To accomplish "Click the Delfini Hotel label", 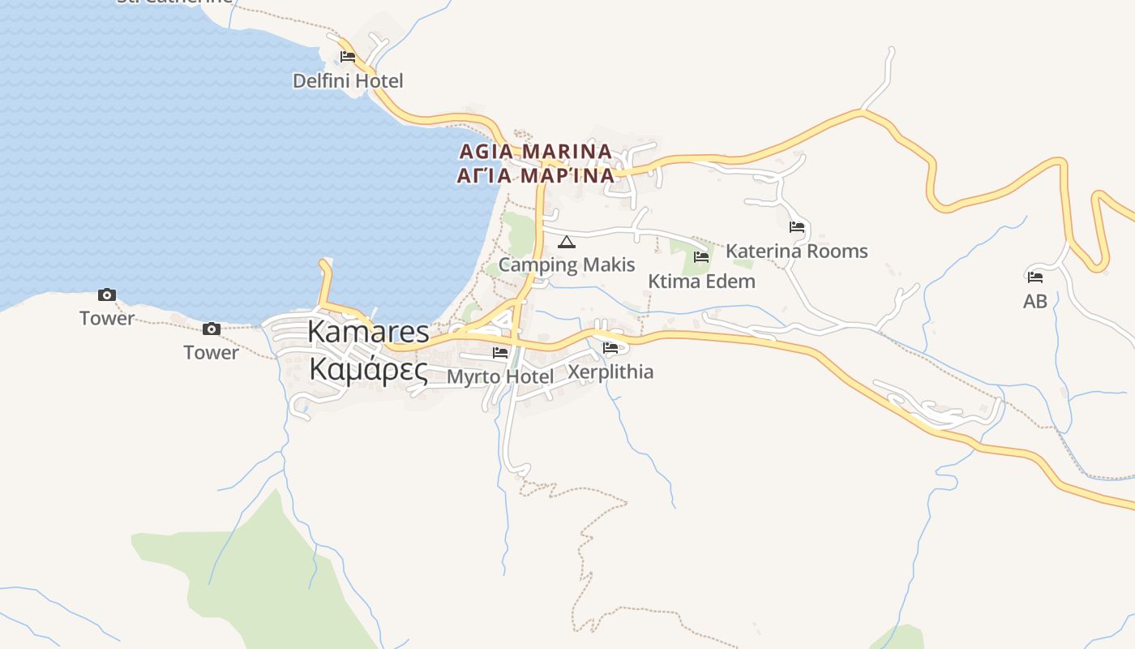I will coord(347,81).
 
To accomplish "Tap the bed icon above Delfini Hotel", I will coord(348,57).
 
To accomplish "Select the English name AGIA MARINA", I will coord(535,152).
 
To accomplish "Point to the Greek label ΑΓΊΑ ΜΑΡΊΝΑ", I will coord(535,175).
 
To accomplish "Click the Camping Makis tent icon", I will coord(567,242).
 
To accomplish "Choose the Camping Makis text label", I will coord(567,264).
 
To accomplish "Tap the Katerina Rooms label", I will coord(796,251).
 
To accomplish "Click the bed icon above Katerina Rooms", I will coord(797,227).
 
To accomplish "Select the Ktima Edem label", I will coord(701,282).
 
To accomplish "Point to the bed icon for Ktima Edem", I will coord(701,257).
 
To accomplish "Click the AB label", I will coord(1035,302).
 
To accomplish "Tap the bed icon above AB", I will coord(1035,277).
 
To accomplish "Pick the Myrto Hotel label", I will coord(500,377).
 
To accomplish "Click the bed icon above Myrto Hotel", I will coord(500,353).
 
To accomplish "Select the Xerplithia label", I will coord(610,372).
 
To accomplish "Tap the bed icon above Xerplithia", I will coord(610,348).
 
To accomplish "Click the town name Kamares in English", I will coord(368,332).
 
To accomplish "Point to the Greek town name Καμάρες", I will coord(368,370).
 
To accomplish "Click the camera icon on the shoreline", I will coord(107,294).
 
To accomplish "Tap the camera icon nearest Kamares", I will coord(212,329).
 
